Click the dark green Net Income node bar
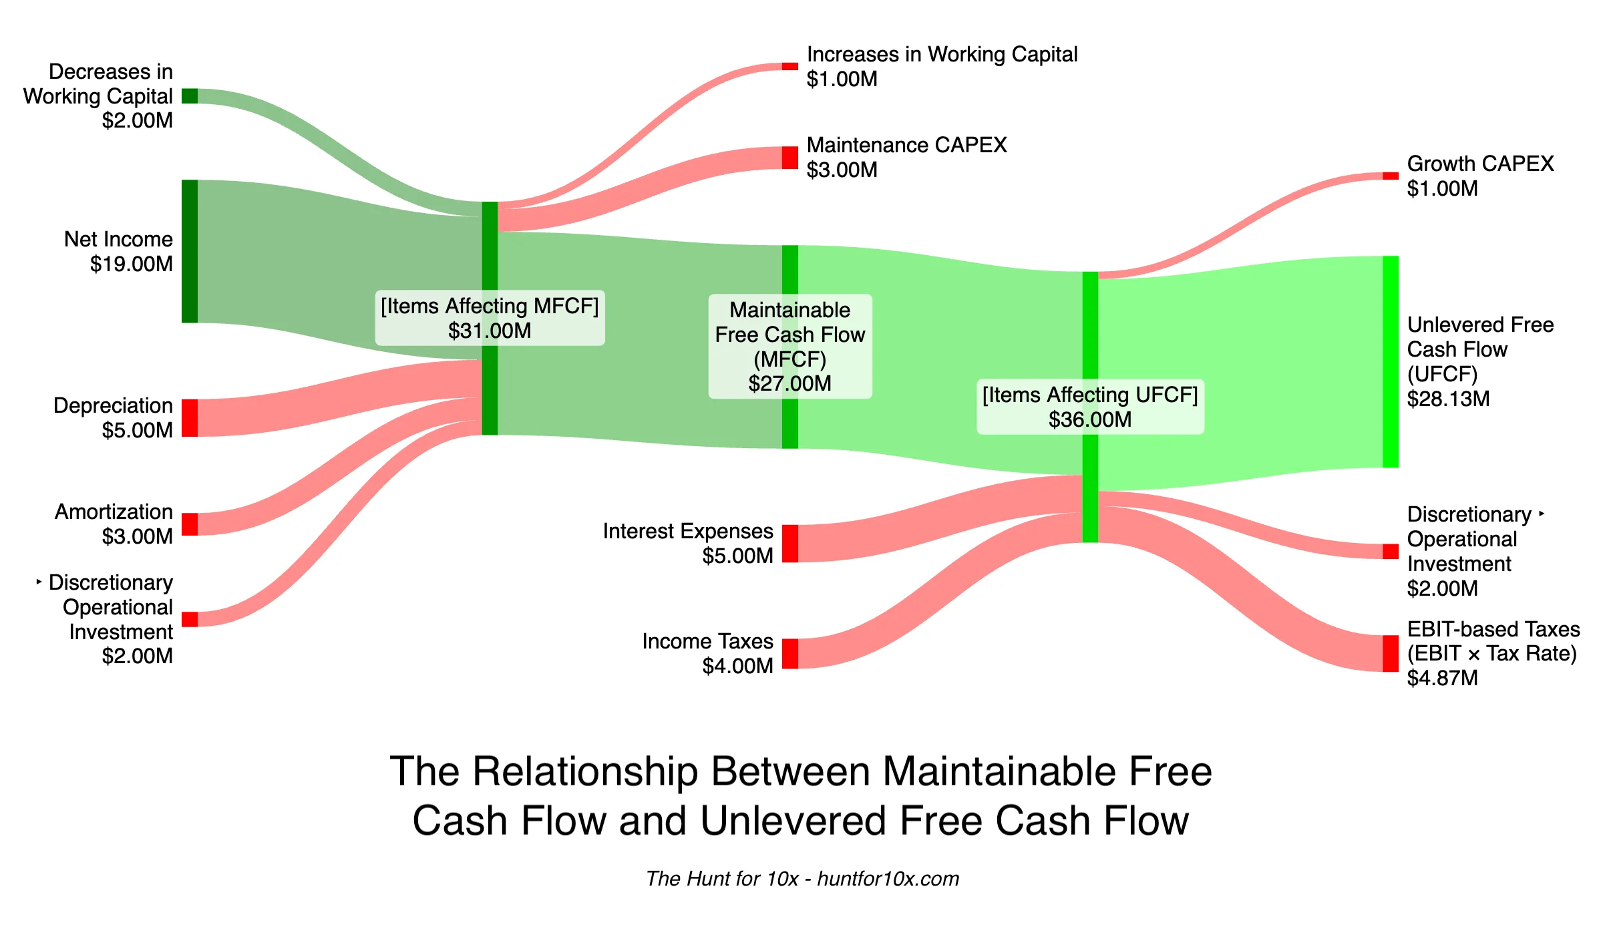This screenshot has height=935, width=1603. click(190, 251)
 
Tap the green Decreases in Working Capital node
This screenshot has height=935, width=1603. click(190, 96)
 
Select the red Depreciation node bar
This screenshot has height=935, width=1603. click(190, 418)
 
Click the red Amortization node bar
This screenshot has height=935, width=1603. click(190, 524)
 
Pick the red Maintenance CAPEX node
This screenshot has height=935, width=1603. click(790, 158)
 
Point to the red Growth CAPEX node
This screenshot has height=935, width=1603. click(1391, 176)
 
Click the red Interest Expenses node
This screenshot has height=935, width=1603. click(790, 544)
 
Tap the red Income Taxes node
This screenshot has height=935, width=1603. click(790, 654)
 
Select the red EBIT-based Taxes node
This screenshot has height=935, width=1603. click(1391, 653)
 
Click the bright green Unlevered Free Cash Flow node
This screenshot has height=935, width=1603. click(1391, 361)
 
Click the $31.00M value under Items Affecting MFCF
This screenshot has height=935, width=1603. click(490, 331)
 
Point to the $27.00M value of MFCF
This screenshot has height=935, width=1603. click(789, 383)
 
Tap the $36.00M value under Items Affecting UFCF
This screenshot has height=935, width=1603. click(1090, 419)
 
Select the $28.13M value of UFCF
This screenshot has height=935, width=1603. click(1448, 399)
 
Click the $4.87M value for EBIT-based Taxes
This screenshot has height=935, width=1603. click(1442, 678)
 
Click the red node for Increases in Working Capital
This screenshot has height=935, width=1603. click(790, 66)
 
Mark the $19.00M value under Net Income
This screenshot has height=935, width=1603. click(132, 264)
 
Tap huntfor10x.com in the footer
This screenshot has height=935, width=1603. click(888, 878)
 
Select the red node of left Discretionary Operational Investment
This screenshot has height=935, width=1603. click(190, 619)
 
